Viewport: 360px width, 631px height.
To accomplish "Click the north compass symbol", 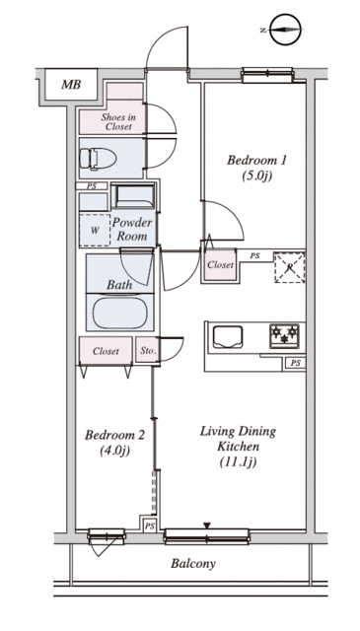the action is click(x=285, y=30).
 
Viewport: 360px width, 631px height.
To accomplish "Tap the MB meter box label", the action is click(x=71, y=85).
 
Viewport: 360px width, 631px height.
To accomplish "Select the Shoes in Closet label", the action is click(x=118, y=122).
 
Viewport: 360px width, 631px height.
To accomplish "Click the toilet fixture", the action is click(x=98, y=159).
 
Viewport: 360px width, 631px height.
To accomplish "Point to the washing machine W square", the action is click(x=95, y=230).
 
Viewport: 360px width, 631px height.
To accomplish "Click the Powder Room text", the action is click(x=132, y=229).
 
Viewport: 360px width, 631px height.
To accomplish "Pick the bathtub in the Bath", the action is click(x=119, y=313).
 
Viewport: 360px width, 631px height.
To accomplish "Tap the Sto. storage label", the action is click(x=148, y=351).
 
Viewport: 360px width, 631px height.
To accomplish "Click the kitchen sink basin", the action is click(x=228, y=337).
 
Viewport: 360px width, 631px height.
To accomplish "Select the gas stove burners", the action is click(x=284, y=335).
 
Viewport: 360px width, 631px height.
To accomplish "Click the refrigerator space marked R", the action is click(x=290, y=267).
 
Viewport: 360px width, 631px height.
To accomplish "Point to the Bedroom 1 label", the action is click(x=256, y=161).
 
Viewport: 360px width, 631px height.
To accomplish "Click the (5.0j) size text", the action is click(x=254, y=175).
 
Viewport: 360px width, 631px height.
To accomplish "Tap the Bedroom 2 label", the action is click(x=114, y=436).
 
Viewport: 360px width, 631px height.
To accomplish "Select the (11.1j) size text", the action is click(x=238, y=462).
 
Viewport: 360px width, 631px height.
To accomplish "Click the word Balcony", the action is click(x=193, y=564).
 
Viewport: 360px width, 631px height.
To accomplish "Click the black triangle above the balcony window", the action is click(x=207, y=526).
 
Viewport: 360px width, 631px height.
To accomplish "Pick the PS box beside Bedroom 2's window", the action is click(x=150, y=526).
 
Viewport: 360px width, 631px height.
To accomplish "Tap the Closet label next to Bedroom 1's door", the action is click(x=220, y=265).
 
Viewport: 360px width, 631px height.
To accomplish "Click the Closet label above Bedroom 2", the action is click(x=106, y=351).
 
